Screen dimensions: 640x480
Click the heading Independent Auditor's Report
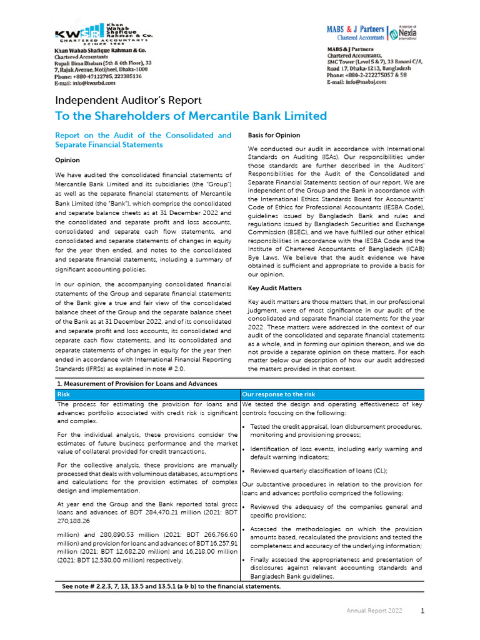(128, 101)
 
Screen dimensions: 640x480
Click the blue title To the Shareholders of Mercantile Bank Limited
(191, 116)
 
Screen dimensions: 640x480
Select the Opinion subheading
(67, 161)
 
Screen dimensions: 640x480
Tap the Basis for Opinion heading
(274, 135)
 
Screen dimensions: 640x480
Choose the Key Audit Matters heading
(275, 288)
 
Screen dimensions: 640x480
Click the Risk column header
(64, 394)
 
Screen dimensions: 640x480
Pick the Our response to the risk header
(278, 394)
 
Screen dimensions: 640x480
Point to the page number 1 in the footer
(422, 611)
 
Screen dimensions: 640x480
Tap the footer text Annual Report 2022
(374, 611)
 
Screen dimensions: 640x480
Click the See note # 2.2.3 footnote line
(171, 586)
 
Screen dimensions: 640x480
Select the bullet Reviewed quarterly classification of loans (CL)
(318, 471)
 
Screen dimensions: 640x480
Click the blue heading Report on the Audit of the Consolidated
(143, 139)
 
